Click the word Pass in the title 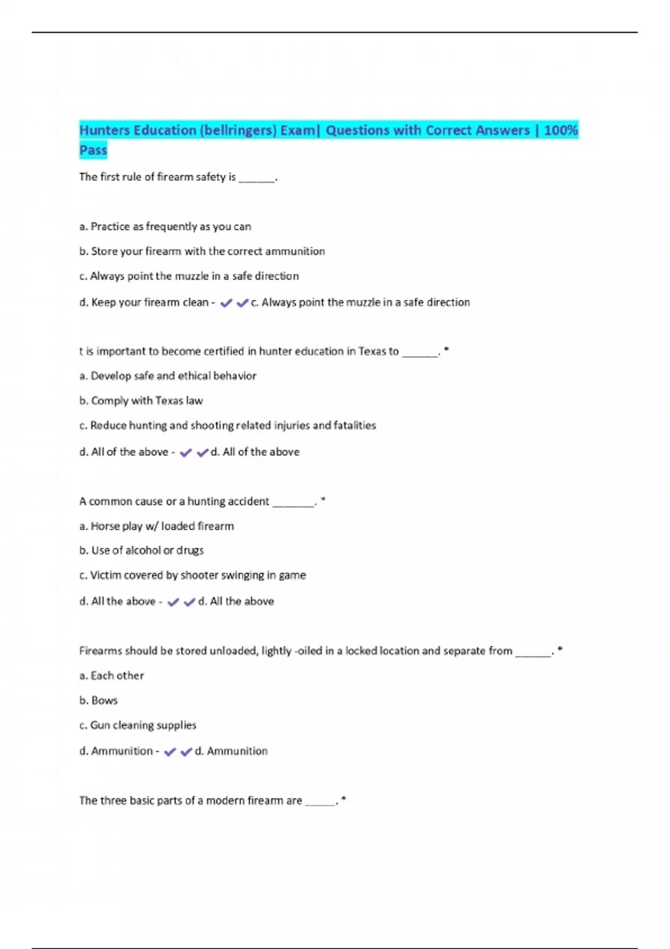[x=93, y=150]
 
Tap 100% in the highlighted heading [x=561, y=131]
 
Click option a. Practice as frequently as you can [x=165, y=227]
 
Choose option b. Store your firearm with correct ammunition [x=202, y=251]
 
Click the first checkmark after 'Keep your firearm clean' [x=226, y=303]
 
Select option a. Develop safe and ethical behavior [x=168, y=376]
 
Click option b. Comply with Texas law [x=141, y=401]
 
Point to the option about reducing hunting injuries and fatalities [x=228, y=425]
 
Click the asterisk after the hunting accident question [x=323, y=500]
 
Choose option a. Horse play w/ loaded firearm [x=157, y=526]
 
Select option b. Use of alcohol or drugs [x=142, y=550]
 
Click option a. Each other [x=112, y=675]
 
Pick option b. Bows [x=99, y=700]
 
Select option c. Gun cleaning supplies [x=138, y=725]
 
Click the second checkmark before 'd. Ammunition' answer [x=186, y=752]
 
